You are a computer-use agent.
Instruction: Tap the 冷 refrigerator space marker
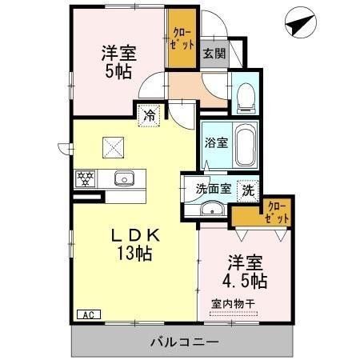click(x=149, y=115)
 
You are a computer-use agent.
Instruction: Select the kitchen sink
click(x=123, y=178)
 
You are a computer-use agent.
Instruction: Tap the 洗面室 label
click(x=213, y=190)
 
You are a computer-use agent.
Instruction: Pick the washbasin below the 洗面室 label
click(x=211, y=210)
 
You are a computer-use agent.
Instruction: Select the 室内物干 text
click(x=234, y=303)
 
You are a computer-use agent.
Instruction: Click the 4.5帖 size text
click(x=246, y=281)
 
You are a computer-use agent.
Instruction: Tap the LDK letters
click(x=135, y=236)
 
